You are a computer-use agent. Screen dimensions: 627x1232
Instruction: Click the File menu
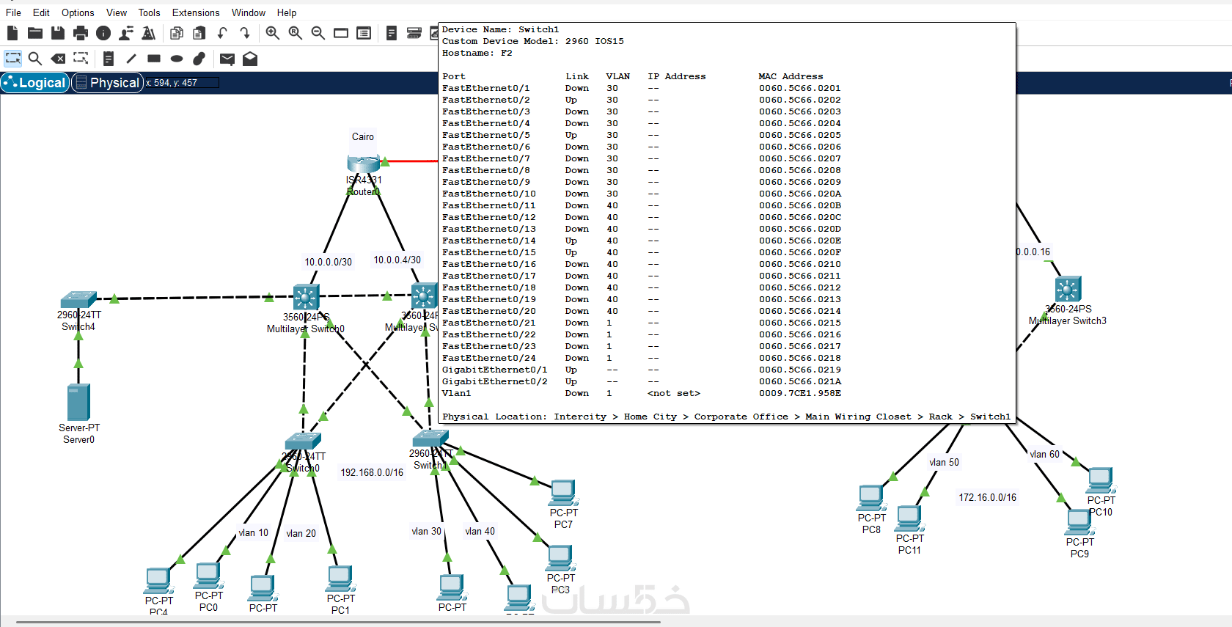(x=13, y=12)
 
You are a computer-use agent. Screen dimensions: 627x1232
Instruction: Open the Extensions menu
(x=195, y=12)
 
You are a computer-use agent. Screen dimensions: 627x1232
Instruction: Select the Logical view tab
(x=35, y=83)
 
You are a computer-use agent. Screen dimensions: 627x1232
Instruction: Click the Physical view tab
(x=107, y=83)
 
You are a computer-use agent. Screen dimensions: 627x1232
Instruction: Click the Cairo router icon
(x=363, y=163)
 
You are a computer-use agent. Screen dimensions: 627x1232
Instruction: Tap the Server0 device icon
(x=78, y=402)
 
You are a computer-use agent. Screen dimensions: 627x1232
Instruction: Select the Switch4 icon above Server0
(x=78, y=299)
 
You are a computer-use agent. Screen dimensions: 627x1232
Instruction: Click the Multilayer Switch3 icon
(x=1068, y=290)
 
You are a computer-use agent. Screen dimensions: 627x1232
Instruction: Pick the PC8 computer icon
(x=871, y=498)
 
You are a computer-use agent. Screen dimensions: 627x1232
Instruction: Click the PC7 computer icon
(x=563, y=493)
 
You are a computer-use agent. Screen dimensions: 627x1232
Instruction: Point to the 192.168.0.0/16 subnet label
(x=371, y=473)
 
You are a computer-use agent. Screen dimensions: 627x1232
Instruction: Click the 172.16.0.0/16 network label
(x=987, y=498)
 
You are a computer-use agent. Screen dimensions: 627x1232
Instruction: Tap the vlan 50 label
(x=944, y=463)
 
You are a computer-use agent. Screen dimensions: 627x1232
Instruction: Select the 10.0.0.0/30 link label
(x=328, y=262)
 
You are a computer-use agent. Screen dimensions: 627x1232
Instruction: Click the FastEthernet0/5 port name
(x=485, y=135)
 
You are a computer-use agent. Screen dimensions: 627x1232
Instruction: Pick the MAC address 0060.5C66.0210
(x=799, y=264)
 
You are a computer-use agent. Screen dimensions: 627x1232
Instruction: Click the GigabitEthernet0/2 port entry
(x=494, y=381)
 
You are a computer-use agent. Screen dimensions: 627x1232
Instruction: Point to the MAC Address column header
(x=791, y=76)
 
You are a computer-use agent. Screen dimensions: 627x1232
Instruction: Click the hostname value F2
(x=506, y=53)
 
